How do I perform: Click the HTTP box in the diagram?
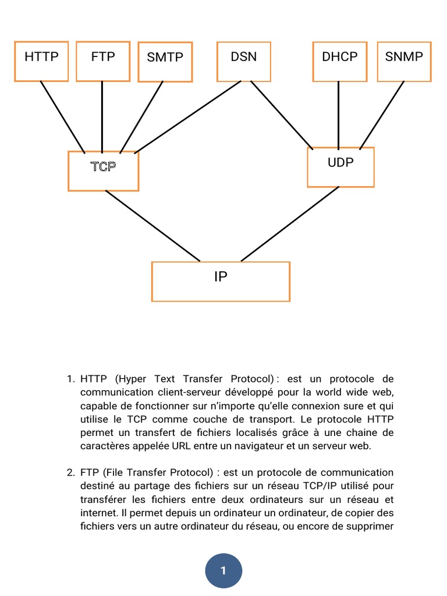(41, 61)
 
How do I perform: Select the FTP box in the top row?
(102, 61)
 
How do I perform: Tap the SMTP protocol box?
(165, 61)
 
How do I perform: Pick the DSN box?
(243, 61)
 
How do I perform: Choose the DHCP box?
(339, 61)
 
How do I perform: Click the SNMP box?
(404, 61)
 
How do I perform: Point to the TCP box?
(103, 171)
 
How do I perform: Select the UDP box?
(340, 167)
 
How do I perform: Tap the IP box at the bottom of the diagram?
(221, 281)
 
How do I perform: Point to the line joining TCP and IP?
(152, 226)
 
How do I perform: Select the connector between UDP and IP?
(290, 224)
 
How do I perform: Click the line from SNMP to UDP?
(382, 114)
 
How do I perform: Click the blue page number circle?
(223, 570)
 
